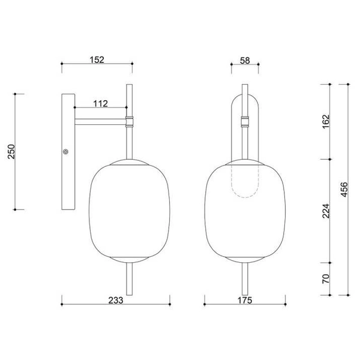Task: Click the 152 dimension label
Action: click(x=97, y=59)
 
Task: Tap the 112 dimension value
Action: click(x=100, y=104)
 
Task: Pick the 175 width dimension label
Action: click(x=244, y=300)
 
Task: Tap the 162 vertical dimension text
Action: click(x=326, y=122)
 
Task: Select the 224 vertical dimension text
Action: click(x=326, y=211)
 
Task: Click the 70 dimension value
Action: click(x=326, y=279)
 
